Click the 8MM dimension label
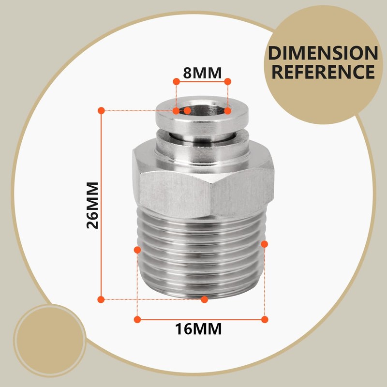click(x=202, y=73)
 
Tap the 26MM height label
click(x=92, y=205)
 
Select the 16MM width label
click(x=198, y=329)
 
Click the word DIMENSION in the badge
click(x=323, y=53)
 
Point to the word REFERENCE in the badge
click(x=323, y=72)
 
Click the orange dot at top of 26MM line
click(x=101, y=111)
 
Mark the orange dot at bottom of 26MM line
click(x=101, y=299)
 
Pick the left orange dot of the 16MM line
click(x=137, y=319)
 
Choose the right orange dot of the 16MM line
click(x=265, y=319)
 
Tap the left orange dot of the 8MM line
click(x=176, y=81)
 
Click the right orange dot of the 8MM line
click(x=227, y=81)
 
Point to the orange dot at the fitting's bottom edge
click(x=204, y=299)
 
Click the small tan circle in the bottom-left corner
click(x=50, y=341)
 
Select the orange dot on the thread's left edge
click(x=137, y=250)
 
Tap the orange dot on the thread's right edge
click(x=264, y=244)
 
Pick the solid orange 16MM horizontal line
click(x=201, y=320)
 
